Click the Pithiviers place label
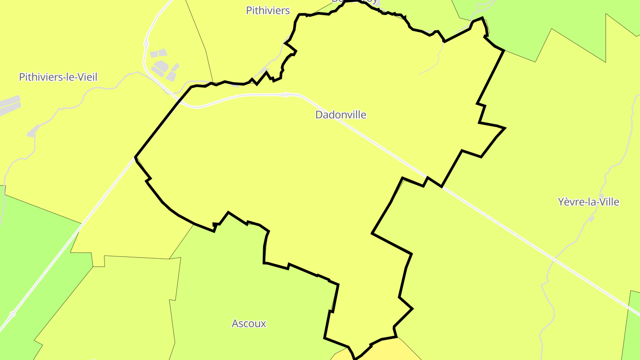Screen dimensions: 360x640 tap(268, 11)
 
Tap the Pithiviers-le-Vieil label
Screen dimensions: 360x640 tap(58, 77)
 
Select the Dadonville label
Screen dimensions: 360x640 tap(341, 115)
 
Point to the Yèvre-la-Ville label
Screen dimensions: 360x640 tap(588, 202)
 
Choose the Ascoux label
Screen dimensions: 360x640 tap(249, 324)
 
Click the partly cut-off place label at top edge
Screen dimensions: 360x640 tap(355, 1)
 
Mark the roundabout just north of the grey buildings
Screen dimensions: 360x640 tap(146, 44)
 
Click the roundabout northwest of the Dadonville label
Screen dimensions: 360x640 tap(285, 94)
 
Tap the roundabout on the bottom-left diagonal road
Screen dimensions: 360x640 tap(12, 314)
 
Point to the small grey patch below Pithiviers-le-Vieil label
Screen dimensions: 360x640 tap(32, 132)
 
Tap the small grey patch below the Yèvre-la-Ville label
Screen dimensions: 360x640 tap(592, 219)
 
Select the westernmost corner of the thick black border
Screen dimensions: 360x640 tap(135, 157)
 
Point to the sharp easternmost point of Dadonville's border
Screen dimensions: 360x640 tap(505, 128)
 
